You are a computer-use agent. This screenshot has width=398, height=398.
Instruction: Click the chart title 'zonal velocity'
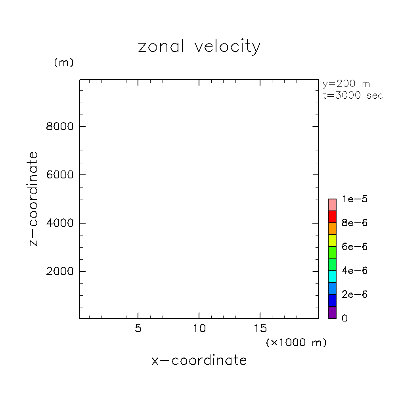point(199,47)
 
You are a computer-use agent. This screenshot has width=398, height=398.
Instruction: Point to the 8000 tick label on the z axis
point(60,126)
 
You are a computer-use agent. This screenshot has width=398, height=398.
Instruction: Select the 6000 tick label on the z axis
point(60,175)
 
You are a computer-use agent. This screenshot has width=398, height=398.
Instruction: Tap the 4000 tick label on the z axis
point(60,223)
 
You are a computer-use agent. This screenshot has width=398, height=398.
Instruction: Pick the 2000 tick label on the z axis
point(60,272)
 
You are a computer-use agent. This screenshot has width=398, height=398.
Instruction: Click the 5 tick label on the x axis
point(138,329)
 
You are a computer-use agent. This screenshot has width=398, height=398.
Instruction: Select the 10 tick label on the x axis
point(199,329)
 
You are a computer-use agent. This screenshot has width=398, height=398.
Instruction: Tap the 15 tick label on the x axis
point(260,329)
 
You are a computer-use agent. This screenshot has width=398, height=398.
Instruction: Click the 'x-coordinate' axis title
point(199,360)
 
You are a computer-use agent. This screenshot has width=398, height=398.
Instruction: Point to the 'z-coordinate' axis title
point(34,199)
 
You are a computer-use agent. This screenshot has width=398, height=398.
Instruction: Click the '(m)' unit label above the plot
point(63,63)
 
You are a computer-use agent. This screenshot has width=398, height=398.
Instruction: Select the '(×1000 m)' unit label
point(296,343)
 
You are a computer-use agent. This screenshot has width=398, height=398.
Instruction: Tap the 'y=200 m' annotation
point(346,84)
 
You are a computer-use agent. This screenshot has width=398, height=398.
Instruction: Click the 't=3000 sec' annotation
point(353,96)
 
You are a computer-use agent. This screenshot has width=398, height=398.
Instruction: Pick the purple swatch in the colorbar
point(332,312)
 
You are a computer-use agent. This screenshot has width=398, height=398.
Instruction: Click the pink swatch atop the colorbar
point(332,205)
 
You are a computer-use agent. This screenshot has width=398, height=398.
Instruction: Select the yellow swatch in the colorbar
point(332,241)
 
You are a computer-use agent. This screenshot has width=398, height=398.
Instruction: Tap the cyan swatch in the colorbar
point(332,276)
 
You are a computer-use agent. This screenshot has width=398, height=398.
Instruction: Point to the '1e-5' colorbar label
point(355,199)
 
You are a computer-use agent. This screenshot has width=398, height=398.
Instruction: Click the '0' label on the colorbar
point(344,318)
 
